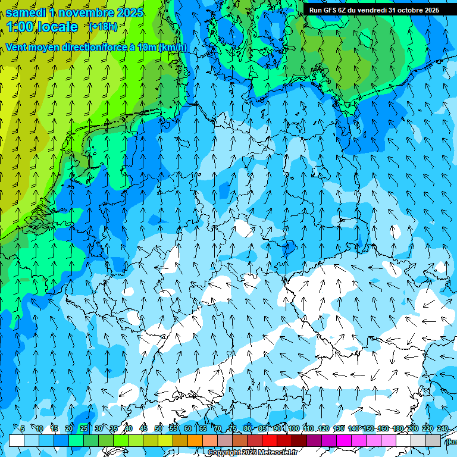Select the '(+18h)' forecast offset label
point(103,26)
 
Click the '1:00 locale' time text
point(42,27)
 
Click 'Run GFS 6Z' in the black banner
point(327,10)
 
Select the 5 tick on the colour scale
point(23,428)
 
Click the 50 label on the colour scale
point(158,428)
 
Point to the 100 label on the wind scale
point(293,428)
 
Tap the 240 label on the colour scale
point(442,428)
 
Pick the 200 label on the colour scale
point(412,428)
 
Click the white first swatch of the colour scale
point(17,440)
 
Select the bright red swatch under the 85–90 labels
point(270,440)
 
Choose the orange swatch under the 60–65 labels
point(196,440)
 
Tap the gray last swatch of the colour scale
point(434,440)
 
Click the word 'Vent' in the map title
point(18,48)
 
